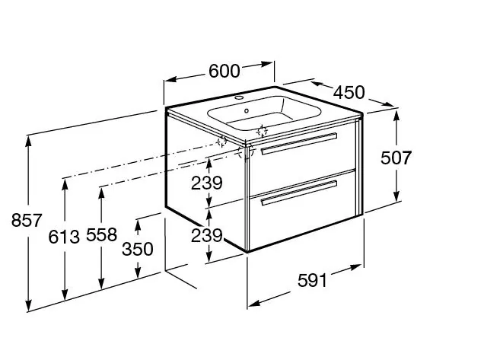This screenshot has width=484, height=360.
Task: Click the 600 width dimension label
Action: coord(224,71)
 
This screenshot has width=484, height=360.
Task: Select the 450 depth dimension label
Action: coord(349,92)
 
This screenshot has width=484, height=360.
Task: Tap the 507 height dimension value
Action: coord(396,158)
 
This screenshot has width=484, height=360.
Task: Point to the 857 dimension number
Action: coord(27,221)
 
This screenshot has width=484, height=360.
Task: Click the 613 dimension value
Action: coord(64,237)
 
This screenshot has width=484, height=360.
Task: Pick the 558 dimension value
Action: coord(101,234)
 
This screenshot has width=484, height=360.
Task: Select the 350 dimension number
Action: coord(137,249)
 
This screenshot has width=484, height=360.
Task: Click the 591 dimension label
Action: coord(312,281)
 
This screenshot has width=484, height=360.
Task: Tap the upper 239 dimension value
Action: coord(206,183)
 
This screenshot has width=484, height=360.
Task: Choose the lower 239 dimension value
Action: coord(206,236)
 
